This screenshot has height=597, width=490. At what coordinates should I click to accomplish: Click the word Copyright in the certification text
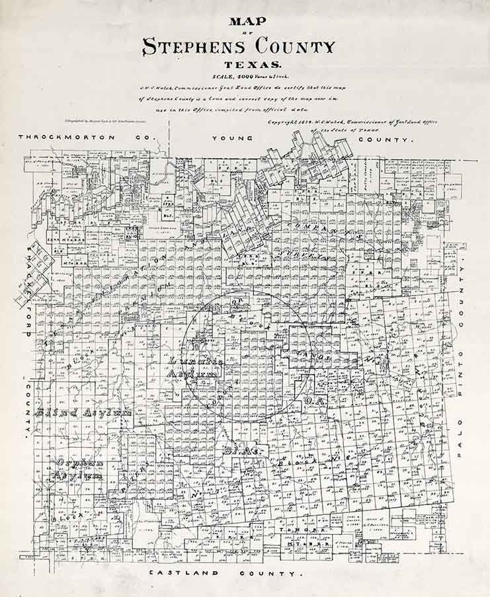(282, 122)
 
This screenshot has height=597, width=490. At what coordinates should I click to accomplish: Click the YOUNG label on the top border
(233, 138)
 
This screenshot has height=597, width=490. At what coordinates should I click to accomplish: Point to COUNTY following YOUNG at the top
(386, 139)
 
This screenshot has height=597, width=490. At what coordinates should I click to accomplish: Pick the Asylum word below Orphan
(78, 475)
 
